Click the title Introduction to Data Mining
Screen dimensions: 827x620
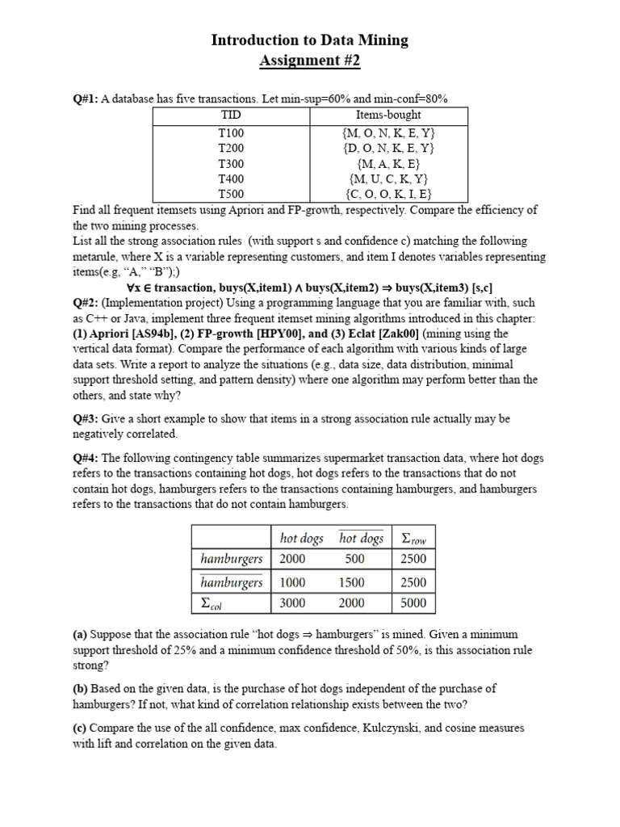pos(310,40)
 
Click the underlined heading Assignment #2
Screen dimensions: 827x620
pos(310,61)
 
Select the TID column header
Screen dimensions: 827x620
pos(231,115)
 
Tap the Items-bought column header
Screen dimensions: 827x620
pos(388,115)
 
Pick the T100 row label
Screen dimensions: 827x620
pos(231,132)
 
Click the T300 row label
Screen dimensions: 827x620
pos(231,163)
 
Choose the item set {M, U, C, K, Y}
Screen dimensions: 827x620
pos(388,178)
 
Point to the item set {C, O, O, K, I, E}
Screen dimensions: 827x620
pos(388,194)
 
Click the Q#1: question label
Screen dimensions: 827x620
pos(86,99)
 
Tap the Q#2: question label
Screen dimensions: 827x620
pos(86,303)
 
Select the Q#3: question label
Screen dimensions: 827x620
pos(86,419)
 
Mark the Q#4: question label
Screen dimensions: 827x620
pos(86,458)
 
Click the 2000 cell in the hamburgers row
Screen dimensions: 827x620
pos(292,559)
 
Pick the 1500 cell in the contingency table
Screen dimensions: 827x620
pos(354,582)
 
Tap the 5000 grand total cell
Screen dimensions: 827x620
pos(413,602)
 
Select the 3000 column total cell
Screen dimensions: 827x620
pos(292,602)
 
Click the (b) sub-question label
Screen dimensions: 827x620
pos(81,689)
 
